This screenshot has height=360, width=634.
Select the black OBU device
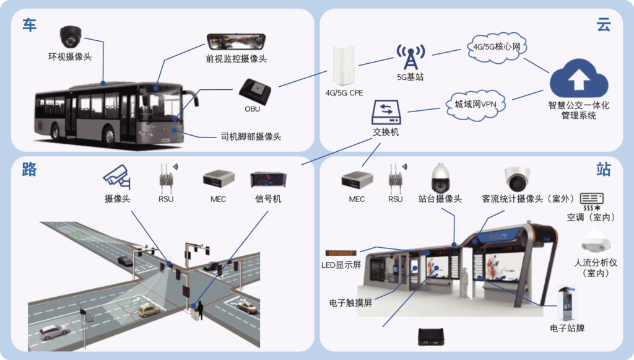pos(256,90)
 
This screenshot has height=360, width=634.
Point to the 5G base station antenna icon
pos(410,56)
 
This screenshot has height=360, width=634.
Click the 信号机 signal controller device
pos(267,179)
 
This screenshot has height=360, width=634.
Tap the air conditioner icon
pos(591,201)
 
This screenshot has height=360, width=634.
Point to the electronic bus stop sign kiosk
pos(567,304)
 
